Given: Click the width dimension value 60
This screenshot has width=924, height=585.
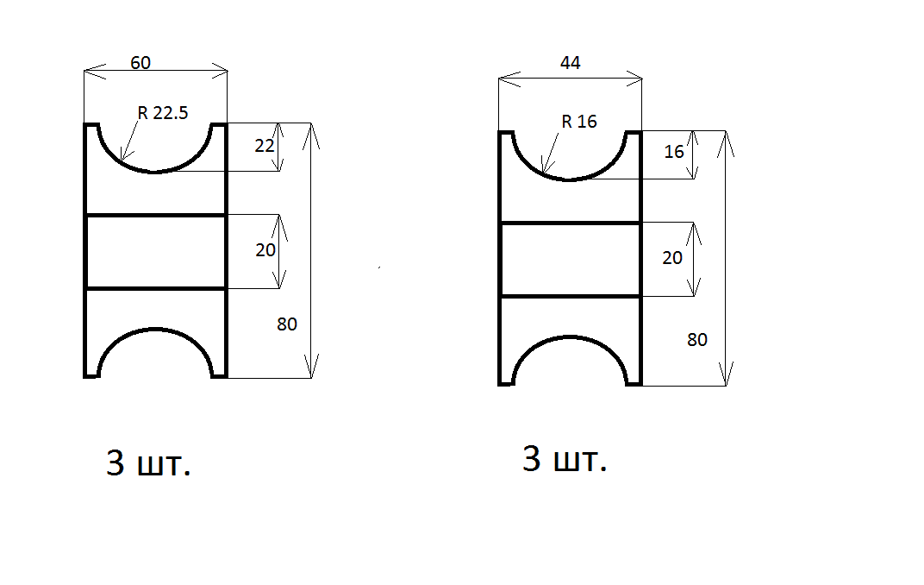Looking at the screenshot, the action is click(140, 62).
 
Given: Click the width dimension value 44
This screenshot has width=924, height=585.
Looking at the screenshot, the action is click(570, 62).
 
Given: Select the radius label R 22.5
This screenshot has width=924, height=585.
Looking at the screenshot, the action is click(163, 113).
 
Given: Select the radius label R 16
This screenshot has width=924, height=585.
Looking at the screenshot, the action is click(579, 122).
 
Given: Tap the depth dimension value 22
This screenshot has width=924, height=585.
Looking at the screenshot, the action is click(265, 146).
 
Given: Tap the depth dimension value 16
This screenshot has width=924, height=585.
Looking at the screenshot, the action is click(674, 152).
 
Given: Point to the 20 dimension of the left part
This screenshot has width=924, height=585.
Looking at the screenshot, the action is click(265, 250).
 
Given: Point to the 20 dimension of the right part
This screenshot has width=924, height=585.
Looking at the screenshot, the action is click(672, 258).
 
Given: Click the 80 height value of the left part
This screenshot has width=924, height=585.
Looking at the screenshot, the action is click(287, 324).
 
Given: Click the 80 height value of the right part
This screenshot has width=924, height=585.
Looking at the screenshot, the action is click(697, 340).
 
